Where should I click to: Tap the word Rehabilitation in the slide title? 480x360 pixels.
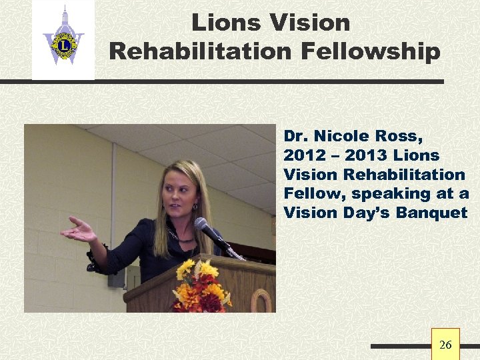199,51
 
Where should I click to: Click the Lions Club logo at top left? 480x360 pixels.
63,41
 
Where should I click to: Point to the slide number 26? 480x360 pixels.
445,345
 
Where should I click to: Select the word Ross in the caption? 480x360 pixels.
401,136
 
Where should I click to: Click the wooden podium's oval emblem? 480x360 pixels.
261,301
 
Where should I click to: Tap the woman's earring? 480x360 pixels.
195,207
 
